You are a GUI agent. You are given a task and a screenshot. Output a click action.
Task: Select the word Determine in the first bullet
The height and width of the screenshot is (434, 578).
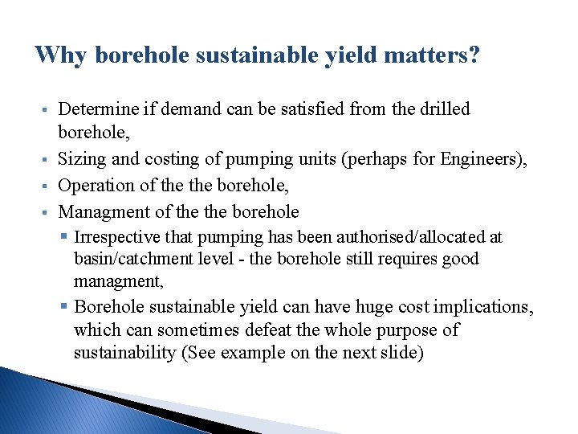(96, 108)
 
